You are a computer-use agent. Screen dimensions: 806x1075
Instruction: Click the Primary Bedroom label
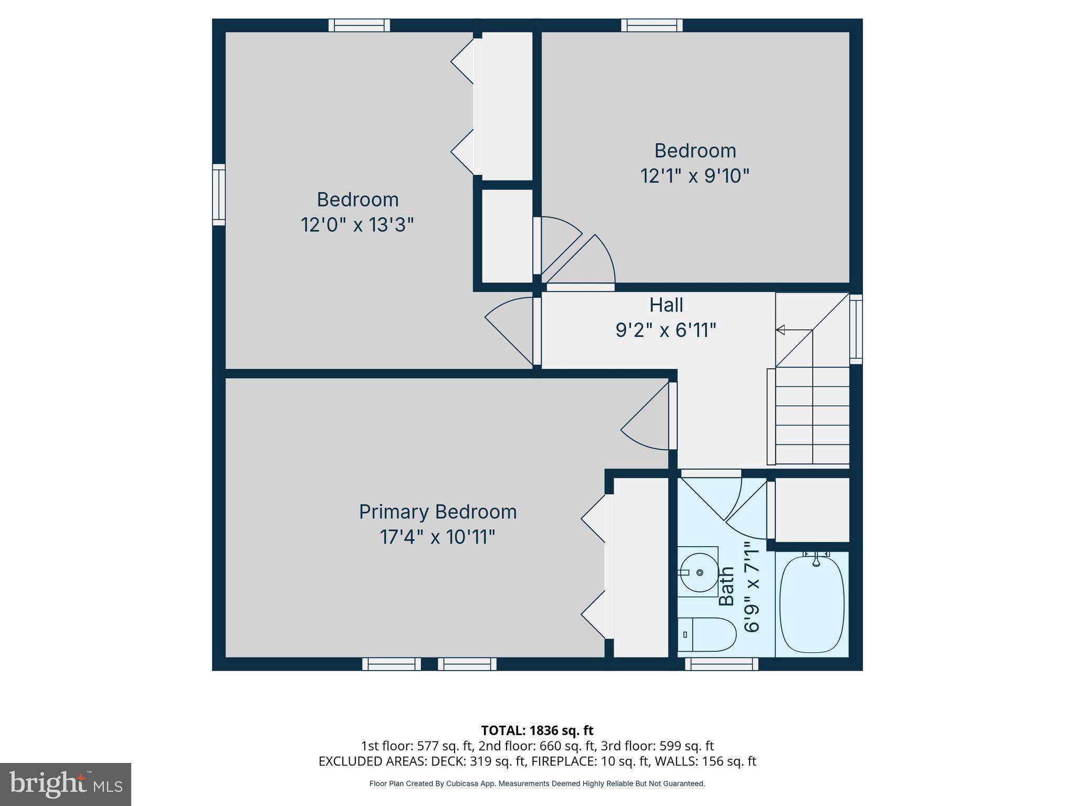pyautogui.click(x=438, y=512)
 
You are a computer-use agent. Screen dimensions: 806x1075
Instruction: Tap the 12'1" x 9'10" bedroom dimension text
pyautogui.click(x=694, y=176)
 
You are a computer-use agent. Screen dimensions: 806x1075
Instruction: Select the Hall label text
pyautogui.click(x=666, y=305)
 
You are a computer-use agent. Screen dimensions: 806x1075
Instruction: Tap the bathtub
pyautogui.click(x=812, y=604)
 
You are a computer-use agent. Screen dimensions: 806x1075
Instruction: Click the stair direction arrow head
pyautogui.click(x=781, y=330)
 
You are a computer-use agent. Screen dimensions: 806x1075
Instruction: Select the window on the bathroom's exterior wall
pyautogui.click(x=721, y=664)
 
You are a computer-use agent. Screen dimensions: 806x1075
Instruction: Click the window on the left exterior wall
pyautogui.click(x=219, y=195)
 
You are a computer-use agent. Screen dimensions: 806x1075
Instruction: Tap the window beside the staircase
pyautogui.click(x=856, y=329)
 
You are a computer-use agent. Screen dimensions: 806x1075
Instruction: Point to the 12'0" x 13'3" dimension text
pyautogui.click(x=357, y=225)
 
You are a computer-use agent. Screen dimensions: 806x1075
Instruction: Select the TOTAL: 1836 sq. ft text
pyautogui.click(x=537, y=730)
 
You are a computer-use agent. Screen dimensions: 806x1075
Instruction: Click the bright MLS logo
pyautogui.click(x=65, y=784)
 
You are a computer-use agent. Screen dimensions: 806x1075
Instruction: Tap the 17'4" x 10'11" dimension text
pyautogui.click(x=438, y=537)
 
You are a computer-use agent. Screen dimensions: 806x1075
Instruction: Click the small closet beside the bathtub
pyautogui.click(x=812, y=509)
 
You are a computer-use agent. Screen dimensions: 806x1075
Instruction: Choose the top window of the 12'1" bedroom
pyautogui.click(x=651, y=25)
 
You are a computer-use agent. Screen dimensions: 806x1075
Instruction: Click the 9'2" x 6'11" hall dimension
pyautogui.click(x=666, y=330)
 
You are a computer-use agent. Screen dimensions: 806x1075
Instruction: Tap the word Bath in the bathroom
pyautogui.click(x=726, y=586)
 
